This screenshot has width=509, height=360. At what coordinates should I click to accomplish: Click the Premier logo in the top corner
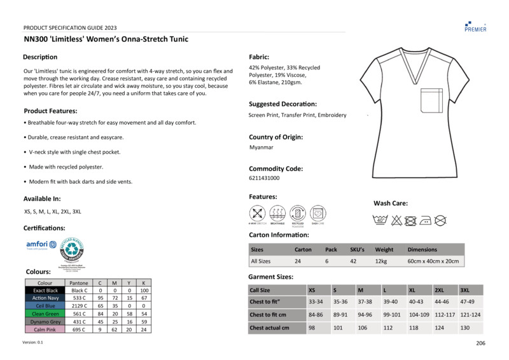[x=475, y=25]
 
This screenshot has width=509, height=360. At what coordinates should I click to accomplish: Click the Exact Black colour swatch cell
[x=45, y=290]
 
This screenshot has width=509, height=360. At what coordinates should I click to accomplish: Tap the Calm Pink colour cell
[x=45, y=329]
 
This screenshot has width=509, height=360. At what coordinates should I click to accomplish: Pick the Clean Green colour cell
[x=45, y=314]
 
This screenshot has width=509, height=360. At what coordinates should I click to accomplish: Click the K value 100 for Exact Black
[x=144, y=290]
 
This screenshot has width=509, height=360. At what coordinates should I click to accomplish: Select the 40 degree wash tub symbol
[x=381, y=220]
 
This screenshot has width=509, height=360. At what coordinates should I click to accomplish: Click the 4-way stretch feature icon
[x=258, y=213]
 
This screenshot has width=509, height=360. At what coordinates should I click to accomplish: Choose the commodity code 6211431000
[x=264, y=178]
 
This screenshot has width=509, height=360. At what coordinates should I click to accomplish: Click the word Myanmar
[x=261, y=147]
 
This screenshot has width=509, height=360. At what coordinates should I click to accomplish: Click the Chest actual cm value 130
[x=465, y=328]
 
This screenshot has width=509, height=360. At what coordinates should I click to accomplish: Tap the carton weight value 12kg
[x=382, y=261]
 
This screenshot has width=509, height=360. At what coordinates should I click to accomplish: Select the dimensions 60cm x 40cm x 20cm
[x=433, y=261]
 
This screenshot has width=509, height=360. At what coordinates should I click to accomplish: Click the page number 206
[x=481, y=343]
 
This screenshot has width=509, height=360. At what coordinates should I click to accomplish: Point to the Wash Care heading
[x=391, y=204]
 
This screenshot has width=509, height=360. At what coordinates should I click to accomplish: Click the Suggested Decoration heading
[x=282, y=104]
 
